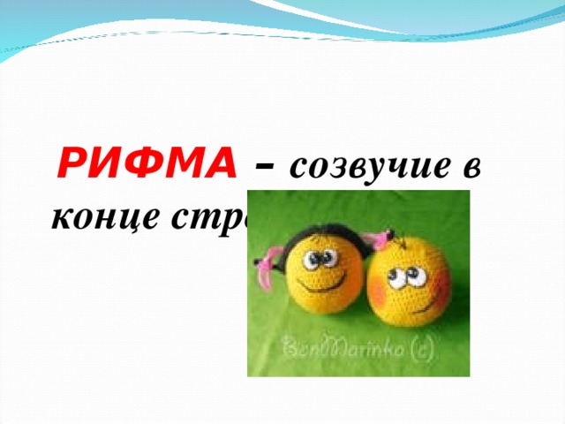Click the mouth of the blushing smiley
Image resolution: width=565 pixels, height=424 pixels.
[x=414, y=307]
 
